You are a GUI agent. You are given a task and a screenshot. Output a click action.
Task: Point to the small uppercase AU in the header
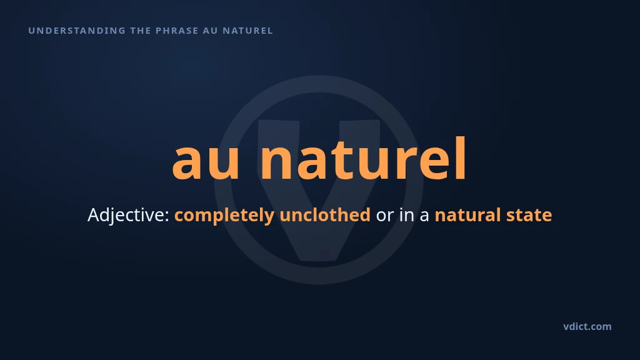point(210,31)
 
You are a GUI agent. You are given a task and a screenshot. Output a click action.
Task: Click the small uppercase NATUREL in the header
point(247,31)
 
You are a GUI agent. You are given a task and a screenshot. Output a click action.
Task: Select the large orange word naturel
point(363,158)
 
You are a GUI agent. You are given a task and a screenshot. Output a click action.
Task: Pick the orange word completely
point(224,216)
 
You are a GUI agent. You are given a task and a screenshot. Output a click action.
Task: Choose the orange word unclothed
point(325,215)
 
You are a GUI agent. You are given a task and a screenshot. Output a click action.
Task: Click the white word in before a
point(407,215)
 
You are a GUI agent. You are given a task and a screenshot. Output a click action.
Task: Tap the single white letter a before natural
point(424,217)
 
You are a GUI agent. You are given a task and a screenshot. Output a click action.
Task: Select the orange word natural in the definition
point(467,215)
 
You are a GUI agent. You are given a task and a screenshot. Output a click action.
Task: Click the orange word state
point(529,216)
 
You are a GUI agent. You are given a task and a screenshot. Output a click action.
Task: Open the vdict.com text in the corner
point(587,326)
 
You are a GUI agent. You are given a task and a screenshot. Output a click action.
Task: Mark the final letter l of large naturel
point(462,158)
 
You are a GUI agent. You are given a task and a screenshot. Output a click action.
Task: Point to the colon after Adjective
point(166,217)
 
